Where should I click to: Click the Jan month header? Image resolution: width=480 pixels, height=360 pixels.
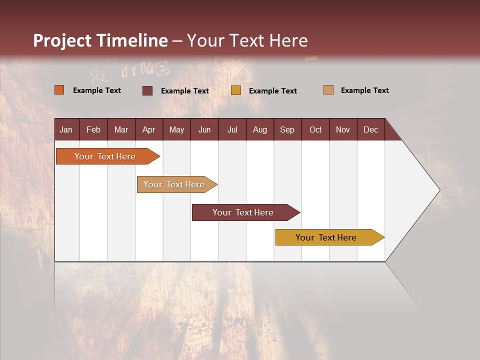pos(66,130)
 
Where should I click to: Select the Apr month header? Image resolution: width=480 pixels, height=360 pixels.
pos(148,130)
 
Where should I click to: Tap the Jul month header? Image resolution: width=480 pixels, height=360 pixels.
pos(232,130)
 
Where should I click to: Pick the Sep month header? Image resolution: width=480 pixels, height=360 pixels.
pos(287,130)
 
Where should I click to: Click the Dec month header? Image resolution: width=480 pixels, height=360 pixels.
pos(370,130)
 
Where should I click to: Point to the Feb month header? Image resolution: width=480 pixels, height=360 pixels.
pos(93,130)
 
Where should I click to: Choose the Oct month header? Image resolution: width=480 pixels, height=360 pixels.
pos(315,130)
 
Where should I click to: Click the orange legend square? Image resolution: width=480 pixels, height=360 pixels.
pos(59,90)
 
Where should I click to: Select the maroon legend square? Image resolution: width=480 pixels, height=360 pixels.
pos(147,90)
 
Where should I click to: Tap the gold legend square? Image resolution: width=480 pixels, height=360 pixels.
pos(236,90)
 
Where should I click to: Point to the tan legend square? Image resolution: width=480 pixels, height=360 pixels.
pos(328,90)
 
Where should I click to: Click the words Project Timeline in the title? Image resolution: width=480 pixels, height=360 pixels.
pos(100,40)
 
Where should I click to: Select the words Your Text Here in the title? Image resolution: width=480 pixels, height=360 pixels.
pos(247,40)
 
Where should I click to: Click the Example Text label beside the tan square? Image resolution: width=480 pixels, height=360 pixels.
pos(364,90)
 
